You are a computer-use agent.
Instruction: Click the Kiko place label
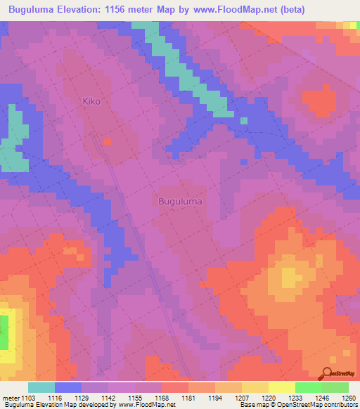point(91,101)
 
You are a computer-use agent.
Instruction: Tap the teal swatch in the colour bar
point(41,387)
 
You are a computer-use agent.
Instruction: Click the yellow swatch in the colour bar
point(281,387)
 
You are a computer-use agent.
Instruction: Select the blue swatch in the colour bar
point(68,387)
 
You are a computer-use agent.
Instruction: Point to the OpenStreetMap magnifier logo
point(328,372)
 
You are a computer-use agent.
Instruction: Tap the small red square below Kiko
point(107,141)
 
